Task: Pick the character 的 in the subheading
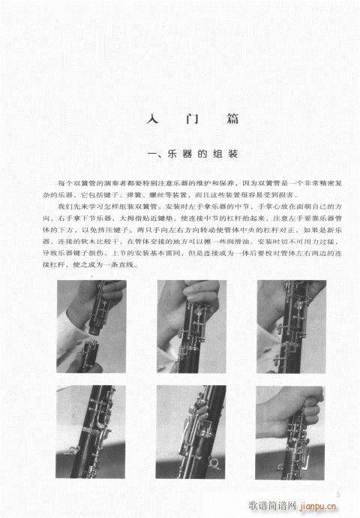coord(199,155)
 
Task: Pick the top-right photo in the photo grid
coord(289,327)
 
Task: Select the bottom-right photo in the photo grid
coord(289,432)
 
